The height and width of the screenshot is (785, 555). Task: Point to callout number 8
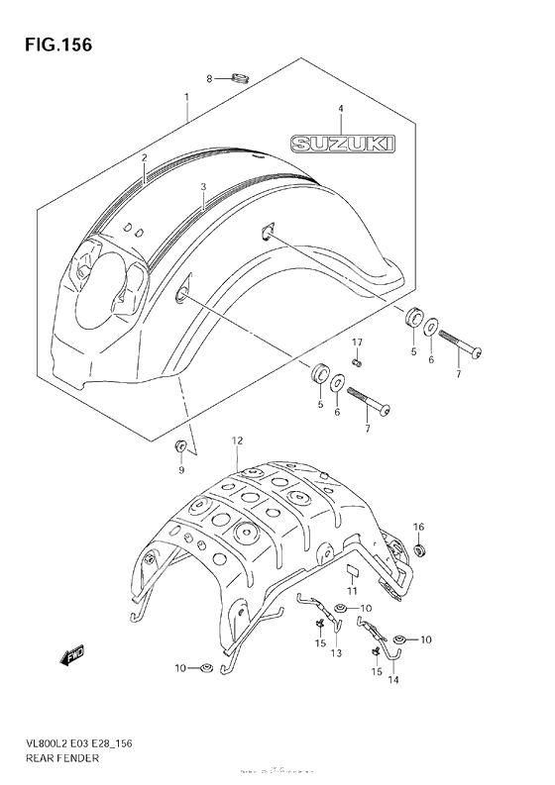point(209,78)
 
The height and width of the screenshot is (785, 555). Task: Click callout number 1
point(185,97)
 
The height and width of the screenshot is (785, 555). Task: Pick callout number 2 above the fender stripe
point(144,157)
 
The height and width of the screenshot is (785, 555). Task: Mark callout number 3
point(202,186)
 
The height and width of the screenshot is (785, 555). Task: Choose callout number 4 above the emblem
point(339,108)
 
